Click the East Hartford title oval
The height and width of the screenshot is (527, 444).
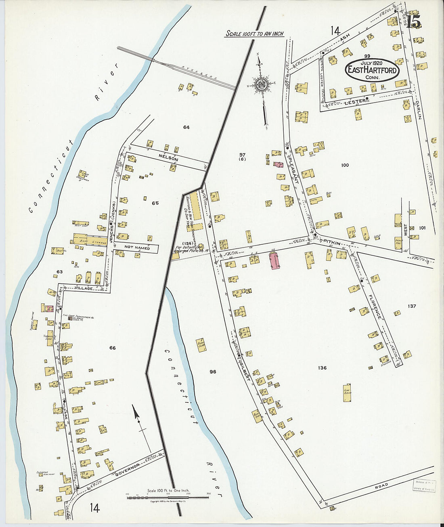pyautogui.click(x=372, y=70)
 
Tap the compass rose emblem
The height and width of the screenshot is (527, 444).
pyautogui.click(x=261, y=84)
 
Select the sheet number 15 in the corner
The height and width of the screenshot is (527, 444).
pyautogui.click(x=414, y=21)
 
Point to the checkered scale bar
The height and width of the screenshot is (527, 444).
pyautogui.click(x=168, y=498)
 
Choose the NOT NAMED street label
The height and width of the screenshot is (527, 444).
pyautogui.click(x=137, y=248)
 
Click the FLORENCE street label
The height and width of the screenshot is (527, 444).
pyautogui.click(x=375, y=307)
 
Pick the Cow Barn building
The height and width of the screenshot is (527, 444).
pyautogui.click(x=347, y=393)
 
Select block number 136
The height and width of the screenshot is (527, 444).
pyautogui.click(x=322, y=368)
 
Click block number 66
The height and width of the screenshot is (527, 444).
pyautogui.click(x=112, y=348)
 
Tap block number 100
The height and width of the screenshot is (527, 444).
pyautogui.click(x=345, y=165)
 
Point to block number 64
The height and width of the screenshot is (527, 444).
pyautogui.click(x=186, y=127)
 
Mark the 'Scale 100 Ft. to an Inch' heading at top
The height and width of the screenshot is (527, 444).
pyautogui.click(x=255, y=34)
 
